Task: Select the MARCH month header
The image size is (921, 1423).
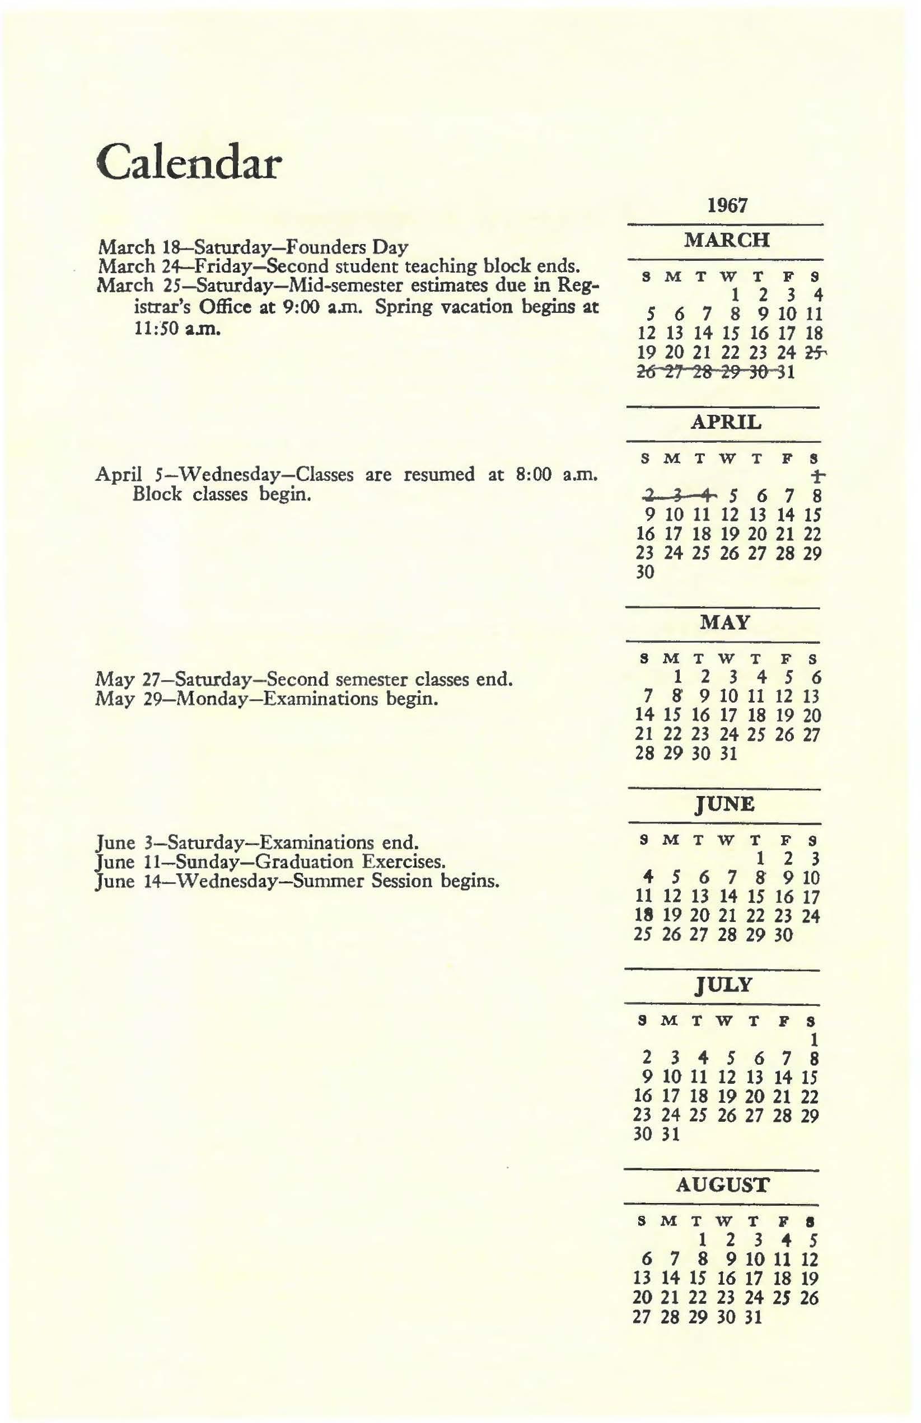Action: [x=727, y=240]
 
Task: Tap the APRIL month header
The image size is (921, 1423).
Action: [x=726, y=423]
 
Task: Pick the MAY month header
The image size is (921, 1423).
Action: [x=725, y=623]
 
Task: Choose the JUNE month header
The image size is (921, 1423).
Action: [x=725, y=805]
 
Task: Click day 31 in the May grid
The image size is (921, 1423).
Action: [x=728, y=753]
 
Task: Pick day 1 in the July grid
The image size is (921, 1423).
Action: [x=813, y=1039]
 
